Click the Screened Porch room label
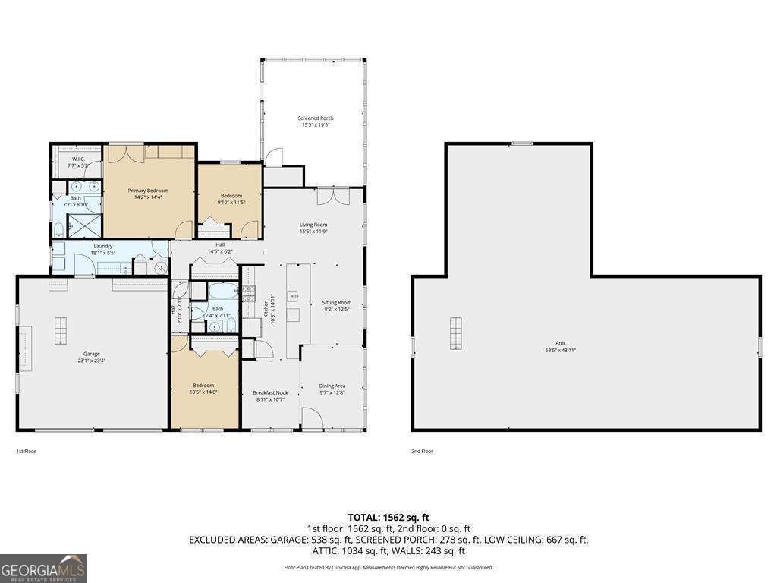(315, 118)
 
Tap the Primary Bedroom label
(148, 191)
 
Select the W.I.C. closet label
(78, 159)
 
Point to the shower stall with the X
(79, 225)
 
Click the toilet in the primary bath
(58, 229)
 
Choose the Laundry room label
(103, 246)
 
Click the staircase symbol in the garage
(61, 332)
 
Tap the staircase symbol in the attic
(455, 332)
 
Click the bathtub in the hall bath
(218, 291)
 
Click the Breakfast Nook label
(270, 392)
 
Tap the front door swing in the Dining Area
(311, 418)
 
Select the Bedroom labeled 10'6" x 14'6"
(203, 386)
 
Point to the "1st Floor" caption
(27, 452)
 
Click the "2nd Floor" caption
(422, 452)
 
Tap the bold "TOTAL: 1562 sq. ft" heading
(388, 518)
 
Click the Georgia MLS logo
(43, 569)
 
